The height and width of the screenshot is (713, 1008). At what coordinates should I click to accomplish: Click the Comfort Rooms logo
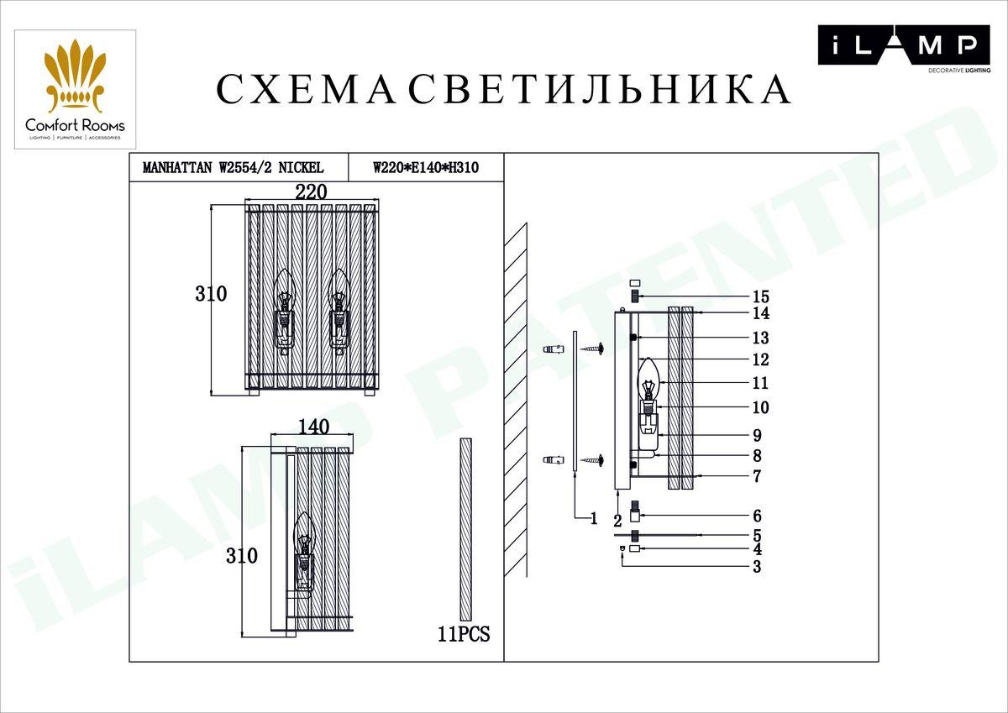(x=75, y=90)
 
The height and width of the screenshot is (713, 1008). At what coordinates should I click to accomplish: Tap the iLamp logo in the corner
(x=903, y=46)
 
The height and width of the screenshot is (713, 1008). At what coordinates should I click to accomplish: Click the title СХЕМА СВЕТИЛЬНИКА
(x=504, y=90)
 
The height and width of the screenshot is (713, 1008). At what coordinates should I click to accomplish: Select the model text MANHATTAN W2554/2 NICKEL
(x=234, y=168)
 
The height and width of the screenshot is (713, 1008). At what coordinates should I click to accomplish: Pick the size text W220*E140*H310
(x=426, y=168)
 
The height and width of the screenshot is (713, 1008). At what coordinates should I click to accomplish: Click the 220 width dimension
(x=311, y=191)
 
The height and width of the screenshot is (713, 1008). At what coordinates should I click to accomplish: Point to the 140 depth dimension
(x=313, y=427)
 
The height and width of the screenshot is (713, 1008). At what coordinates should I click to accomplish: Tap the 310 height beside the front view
(x=211, y=294)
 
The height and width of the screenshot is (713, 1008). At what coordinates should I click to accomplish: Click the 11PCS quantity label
(x=464, y=635)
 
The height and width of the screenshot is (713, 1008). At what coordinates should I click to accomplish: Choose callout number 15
(x=761, y=297)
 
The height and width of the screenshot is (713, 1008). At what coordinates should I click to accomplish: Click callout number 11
(x=761, y=383)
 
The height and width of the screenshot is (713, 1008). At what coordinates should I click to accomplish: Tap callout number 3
(x=757, y=567)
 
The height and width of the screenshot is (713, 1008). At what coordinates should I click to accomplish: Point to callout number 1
(x=593, y=519)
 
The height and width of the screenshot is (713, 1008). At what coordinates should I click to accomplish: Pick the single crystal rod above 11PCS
(x=466, y=529)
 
